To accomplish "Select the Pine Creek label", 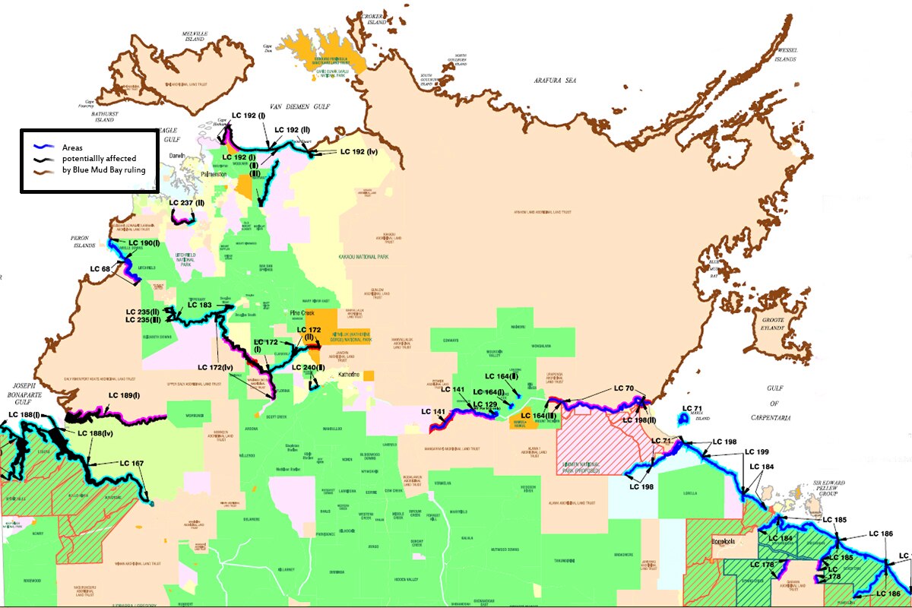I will pyautogui.click(x=302, y=313).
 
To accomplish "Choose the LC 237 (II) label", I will pyautogui.click(x=187, y=203).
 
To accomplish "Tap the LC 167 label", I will pyautogui.click(x=131, y=463).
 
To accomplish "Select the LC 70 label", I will pyautogui.click(x=623, y=389).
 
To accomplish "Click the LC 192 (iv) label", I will pyautogui.click(x=359, y=152).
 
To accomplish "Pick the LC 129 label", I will pyautogui.click(x=485, y=404).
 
